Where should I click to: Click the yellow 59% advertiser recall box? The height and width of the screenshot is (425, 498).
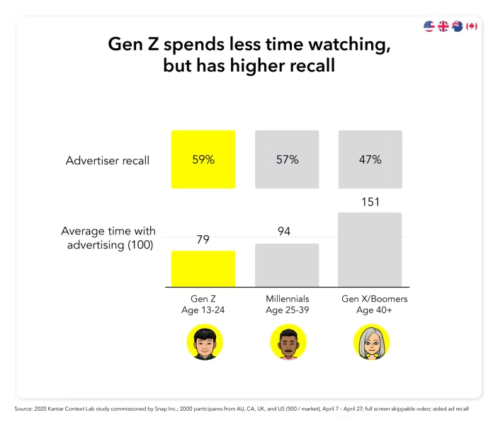pyautogui.click(x=203, y=159)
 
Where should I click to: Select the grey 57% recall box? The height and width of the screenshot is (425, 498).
pyautogui.click(x=287, y=159)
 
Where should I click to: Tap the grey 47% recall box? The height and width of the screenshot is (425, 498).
pyautogui.click(x=370, y=159)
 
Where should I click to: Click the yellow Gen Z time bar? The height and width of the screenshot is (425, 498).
pyautogui.click(x=203, y=269)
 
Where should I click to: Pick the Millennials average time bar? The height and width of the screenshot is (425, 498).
pyautogui.click(x=287, y=266)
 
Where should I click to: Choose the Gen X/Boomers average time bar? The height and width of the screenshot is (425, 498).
pyautogui.click(x=370, y=250)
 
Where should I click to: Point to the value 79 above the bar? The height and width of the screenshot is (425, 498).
pyautogui.click(x=203, y=240)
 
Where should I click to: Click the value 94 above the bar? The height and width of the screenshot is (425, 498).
pyautogui.click(x=283, y=232)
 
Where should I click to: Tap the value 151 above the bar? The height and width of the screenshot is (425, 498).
pyautogui.click(x=370, y=202)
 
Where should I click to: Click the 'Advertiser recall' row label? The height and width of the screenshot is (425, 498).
pyautogui.click(x=108, y=161)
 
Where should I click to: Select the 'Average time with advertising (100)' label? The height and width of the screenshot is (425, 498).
pyautogui.click(x=108, y=238)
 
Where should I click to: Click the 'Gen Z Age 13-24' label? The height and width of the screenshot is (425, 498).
pyautogui.click(x=203, y=305)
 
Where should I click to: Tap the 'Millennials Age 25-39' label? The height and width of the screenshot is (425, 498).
pyautogui.click(x=287, y=305)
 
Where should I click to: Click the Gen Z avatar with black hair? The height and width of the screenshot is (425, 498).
pyautogui.click(x=204, y=343)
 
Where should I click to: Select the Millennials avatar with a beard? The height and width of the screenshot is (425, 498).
pyautogui.click(x=287, y=343)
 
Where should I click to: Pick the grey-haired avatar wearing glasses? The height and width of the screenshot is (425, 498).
pyautogui.click(x=370, y=343)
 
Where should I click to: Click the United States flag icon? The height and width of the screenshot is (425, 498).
pyautogui.click(x=429, y=26)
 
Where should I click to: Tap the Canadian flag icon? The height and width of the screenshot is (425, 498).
pyautogui.click(x=472, y=26)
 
